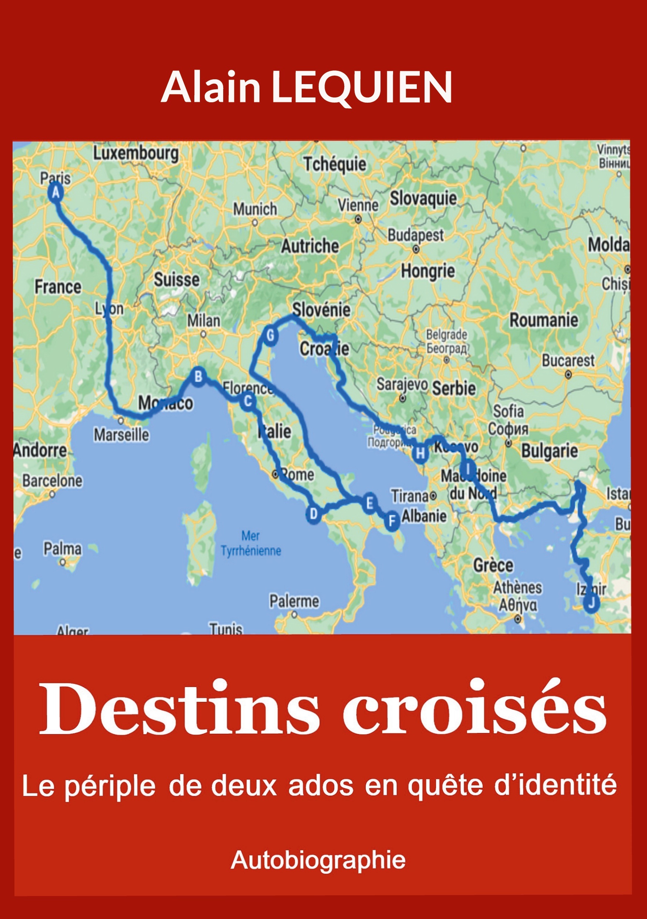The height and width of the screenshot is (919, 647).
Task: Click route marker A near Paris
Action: tap(56, 193)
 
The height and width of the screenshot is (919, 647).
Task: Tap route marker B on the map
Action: tap(198, 376)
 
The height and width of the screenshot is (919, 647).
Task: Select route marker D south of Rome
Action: tap(314, 514)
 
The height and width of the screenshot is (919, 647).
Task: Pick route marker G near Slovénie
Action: tap(271, 335)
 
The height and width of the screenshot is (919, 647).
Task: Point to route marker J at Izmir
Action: tap(591, 603)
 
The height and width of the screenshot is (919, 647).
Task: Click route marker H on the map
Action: tap(420, 454)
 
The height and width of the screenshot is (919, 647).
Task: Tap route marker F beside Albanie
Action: tap(392, 521)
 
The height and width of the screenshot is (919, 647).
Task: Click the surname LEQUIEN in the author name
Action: tap(362, 87)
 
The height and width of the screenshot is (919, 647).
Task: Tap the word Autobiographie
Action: tap(318, 860)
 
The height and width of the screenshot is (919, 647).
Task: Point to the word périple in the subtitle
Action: tap(110, 786)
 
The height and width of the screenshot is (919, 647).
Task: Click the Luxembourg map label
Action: tap(136, 153)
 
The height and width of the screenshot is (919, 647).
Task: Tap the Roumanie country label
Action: tap(543, 320)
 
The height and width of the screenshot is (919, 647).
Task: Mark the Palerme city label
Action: tap(294, 601)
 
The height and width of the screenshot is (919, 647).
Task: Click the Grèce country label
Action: tap(493, 565)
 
